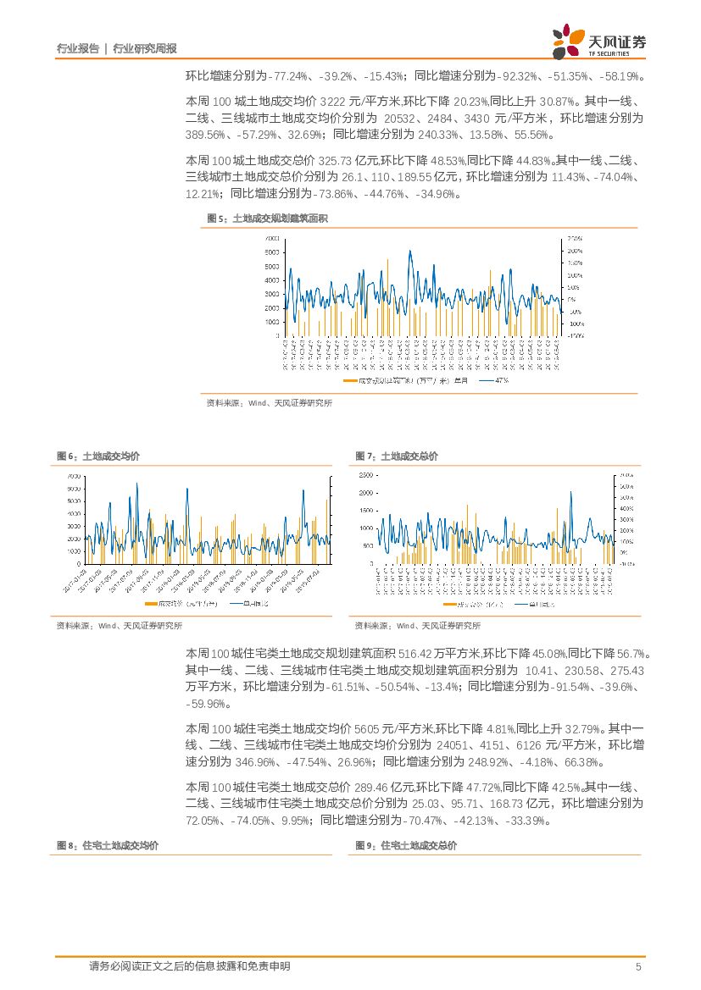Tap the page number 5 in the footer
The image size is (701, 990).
638,967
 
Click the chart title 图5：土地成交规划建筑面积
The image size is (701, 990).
267,218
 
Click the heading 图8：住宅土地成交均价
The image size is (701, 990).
107,845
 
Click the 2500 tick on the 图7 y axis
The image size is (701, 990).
365,475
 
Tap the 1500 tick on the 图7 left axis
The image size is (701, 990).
365,510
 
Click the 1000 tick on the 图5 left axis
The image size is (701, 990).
272,322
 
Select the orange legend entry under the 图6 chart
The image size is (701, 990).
181,604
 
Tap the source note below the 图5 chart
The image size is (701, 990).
270,403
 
